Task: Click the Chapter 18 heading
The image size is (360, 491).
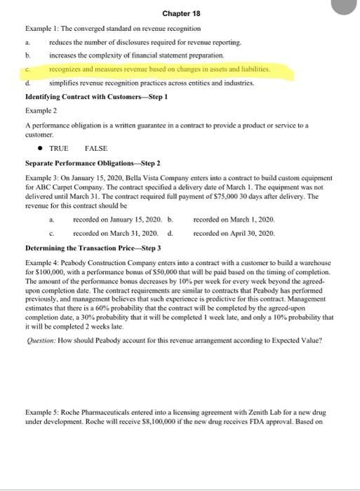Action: (181, 13)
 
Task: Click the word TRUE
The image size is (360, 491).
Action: (59, 149)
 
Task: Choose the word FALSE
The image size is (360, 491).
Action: (95, 149)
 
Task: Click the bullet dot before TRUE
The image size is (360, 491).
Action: (40, 149)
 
